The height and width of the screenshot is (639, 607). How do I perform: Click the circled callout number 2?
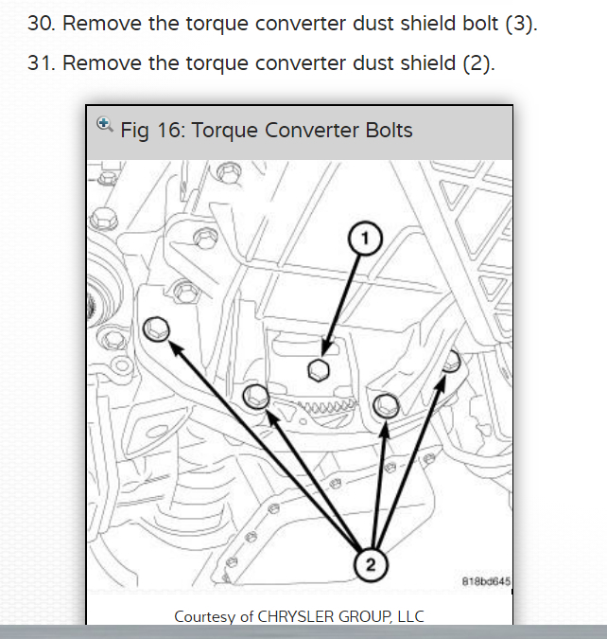click(371, 565)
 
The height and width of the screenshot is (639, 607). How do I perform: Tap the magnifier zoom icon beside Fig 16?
click(105, 124)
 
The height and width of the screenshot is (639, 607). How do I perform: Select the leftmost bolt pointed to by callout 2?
click(157, 329)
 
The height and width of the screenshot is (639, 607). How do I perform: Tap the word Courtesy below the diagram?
click(206, 616)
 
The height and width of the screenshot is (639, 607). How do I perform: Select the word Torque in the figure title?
click(224, 130)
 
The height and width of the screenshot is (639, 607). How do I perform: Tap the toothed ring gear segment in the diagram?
click(322, 406)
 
